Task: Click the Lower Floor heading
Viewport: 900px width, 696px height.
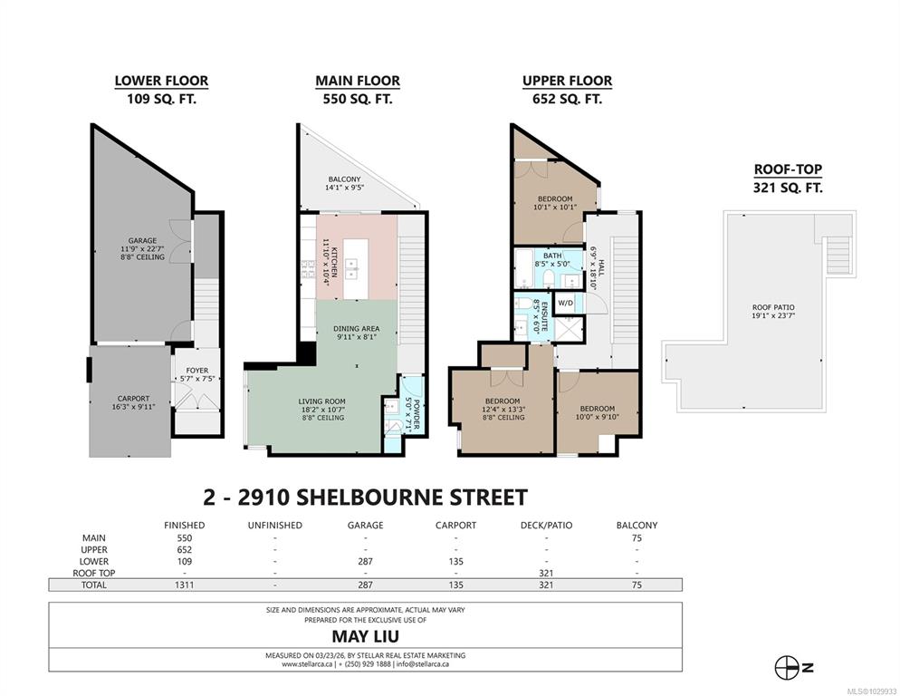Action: click(x=161, y=81)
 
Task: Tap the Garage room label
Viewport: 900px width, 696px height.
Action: click(x=142, y=249)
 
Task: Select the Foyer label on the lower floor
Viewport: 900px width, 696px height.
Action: click(x=196, y=374)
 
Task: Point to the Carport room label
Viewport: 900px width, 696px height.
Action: click(x=133, y=402)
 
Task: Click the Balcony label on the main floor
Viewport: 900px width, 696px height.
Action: click(x=344, y=183)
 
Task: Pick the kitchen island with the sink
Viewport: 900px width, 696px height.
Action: click(x=356, y=268)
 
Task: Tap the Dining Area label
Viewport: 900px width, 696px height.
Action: click(x=357, y=333)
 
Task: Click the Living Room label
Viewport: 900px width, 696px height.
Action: click(x=322, y=410)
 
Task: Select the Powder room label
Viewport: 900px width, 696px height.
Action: click(x=413, y=414)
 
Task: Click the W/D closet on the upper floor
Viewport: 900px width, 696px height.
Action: click(x=566, y=303)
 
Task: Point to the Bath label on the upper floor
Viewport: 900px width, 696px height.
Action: click(x=552, y=260)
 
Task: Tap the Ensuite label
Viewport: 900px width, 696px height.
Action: click(x=541, y=315)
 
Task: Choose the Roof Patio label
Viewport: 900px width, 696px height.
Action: click(x=773, y=312)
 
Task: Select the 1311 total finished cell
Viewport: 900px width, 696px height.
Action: click(x=184, y=585)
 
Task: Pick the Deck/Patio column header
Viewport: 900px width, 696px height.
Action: click(x=547, y=526)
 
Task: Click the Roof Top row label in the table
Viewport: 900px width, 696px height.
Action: click(x=93, y=573)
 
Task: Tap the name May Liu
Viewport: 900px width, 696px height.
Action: click(x=366, y=637)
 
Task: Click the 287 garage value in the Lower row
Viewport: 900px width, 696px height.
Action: click(x=365, y=562)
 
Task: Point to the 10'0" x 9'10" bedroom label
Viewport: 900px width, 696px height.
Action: click(x=597, y=412)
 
